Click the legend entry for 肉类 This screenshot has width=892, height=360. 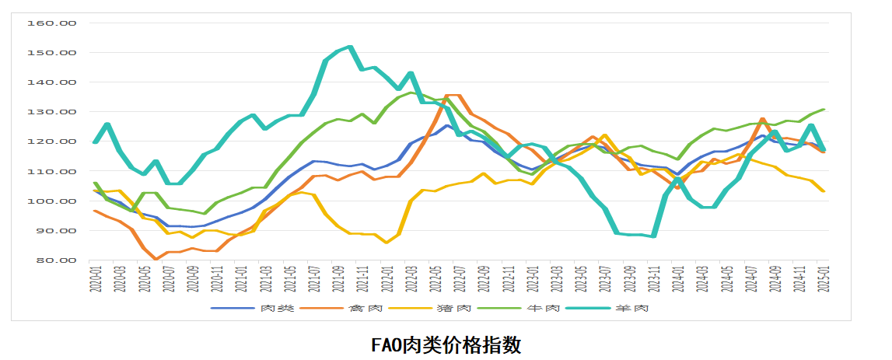pos(277,308)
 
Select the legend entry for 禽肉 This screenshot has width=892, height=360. pos(366,308)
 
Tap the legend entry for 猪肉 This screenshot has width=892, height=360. pos(453,308)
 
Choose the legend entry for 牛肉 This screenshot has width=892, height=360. pos(542,308)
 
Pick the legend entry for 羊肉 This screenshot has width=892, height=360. pos(631,308)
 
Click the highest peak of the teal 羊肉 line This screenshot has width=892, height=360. pos(351,47)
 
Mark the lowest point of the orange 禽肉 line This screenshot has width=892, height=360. pos(156,259)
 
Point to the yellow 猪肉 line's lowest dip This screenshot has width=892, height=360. pos(387,242)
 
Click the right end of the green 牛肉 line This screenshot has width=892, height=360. pos(824,110)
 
